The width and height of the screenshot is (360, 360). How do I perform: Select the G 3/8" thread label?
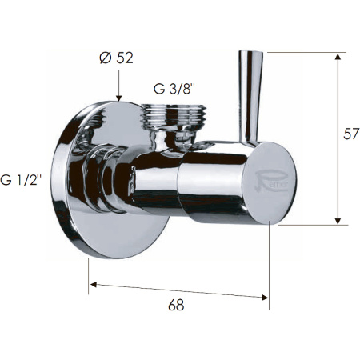(x=178, y=90)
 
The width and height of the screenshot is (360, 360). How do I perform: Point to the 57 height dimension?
(x=350, y=134)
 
